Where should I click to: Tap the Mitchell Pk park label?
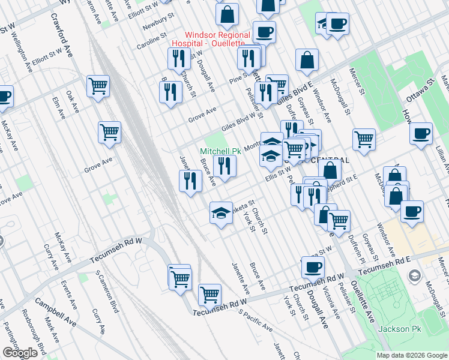tap(220, 152)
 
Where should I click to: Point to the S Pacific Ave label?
tap(255, 320)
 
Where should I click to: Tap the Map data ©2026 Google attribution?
tap(411, 355)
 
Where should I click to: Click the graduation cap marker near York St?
tap(221, 212)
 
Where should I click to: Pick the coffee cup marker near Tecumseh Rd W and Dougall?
tap(313, 267)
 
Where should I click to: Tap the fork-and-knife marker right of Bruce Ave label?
tap(224, 166)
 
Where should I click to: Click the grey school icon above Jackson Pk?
tap(414, 275)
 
